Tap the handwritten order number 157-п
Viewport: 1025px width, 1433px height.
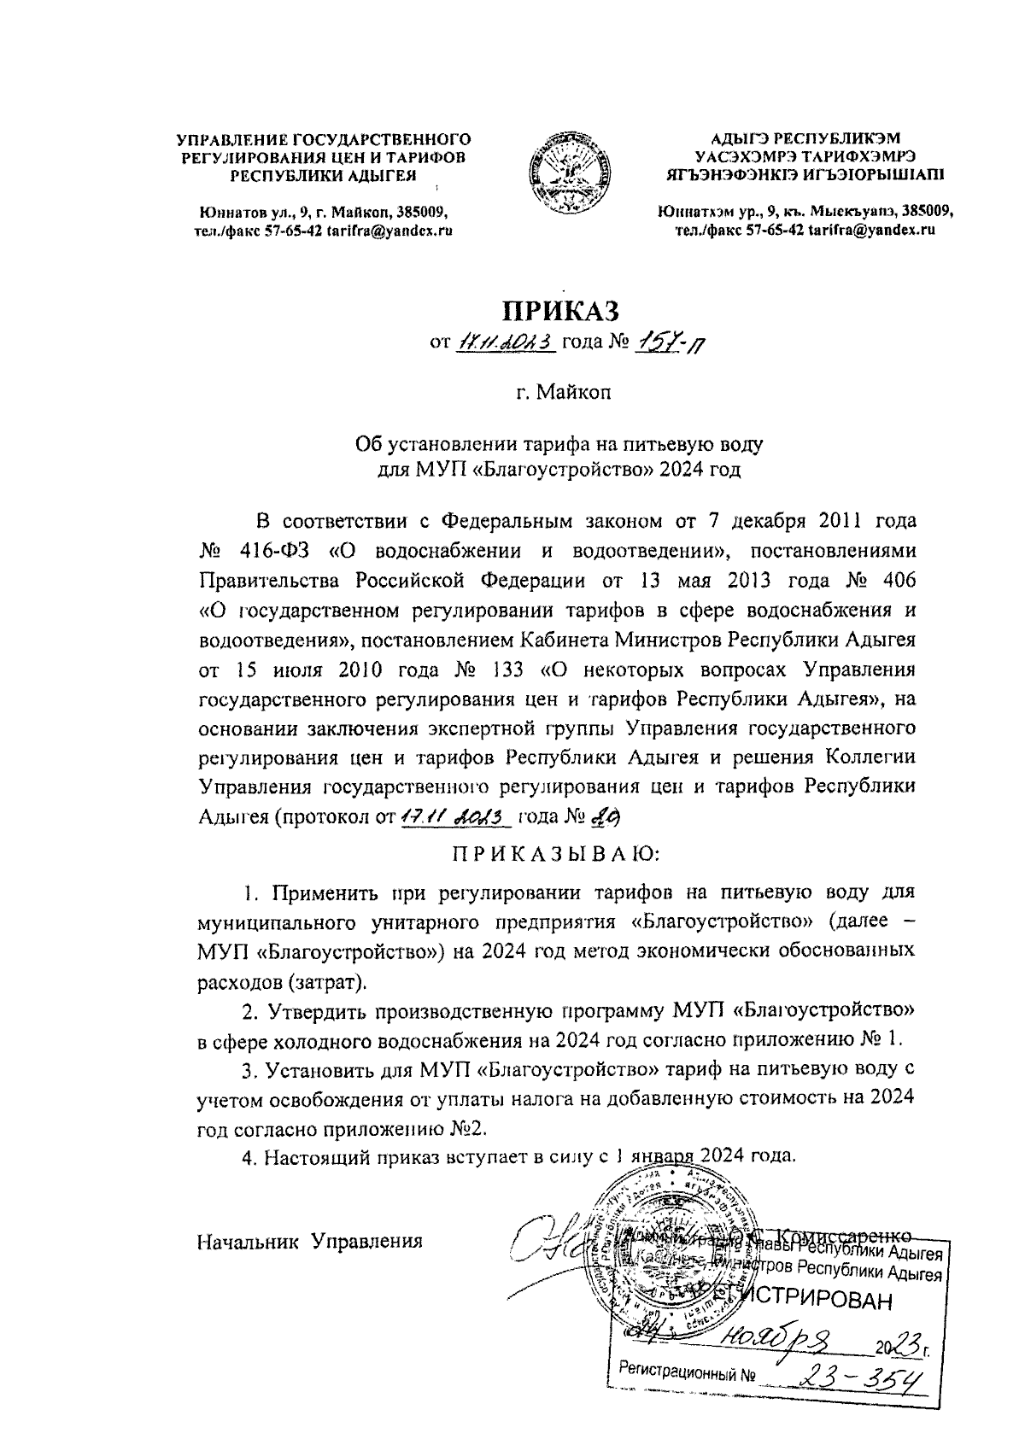point(672,344)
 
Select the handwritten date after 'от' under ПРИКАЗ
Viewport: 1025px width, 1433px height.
point(507,343)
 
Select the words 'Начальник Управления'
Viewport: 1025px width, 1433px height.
point(310,1241)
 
